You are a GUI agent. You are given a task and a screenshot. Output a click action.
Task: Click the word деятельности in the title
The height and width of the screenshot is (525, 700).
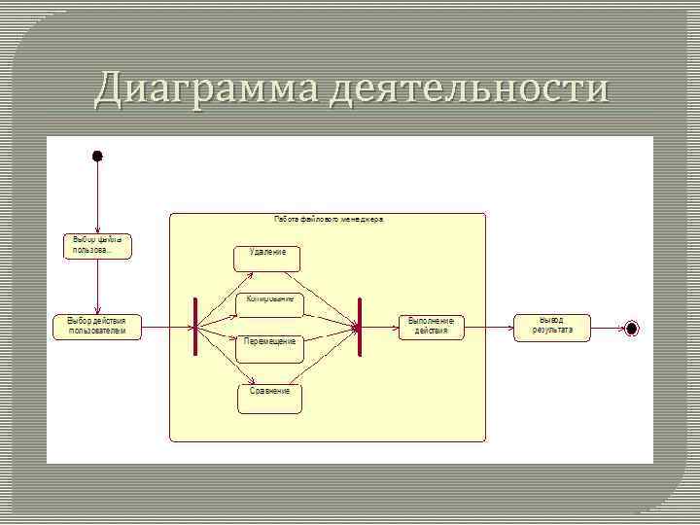pos(470,89)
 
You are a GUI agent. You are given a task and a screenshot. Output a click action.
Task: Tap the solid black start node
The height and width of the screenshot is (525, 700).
pos(97,156)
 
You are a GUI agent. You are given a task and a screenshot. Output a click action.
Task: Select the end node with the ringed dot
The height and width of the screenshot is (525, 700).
pos(632,329)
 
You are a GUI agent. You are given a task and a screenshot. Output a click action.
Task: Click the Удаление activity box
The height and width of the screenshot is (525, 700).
pos(267,258)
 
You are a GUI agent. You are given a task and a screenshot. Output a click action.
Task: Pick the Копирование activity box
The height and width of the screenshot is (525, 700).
pos(270,304)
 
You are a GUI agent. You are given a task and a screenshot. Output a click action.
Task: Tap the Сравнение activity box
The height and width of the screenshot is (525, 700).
pos(269,397)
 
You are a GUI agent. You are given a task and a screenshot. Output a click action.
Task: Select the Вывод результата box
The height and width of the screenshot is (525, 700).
pos(552,326)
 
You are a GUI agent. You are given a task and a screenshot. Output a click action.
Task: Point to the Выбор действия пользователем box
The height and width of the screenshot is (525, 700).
pos(97,327)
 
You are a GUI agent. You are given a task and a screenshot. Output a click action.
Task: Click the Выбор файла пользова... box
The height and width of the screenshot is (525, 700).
pos(97,245)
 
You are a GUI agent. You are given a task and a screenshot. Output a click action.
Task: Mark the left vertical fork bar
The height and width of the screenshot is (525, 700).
pos(195,327)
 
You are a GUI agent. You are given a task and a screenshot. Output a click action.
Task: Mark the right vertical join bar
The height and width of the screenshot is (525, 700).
pos(360,327)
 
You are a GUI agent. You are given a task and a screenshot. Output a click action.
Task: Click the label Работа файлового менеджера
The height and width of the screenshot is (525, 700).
pos(329,220)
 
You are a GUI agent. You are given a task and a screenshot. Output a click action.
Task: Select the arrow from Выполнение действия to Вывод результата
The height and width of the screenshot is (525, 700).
pos(489,328)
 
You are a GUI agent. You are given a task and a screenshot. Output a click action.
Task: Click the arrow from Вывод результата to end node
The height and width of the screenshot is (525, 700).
pos(607,329)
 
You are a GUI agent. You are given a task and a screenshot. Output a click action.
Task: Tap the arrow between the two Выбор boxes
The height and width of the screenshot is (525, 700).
pos(97,286)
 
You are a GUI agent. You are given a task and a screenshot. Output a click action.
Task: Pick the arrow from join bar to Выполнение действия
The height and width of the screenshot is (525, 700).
pos(379,328)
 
